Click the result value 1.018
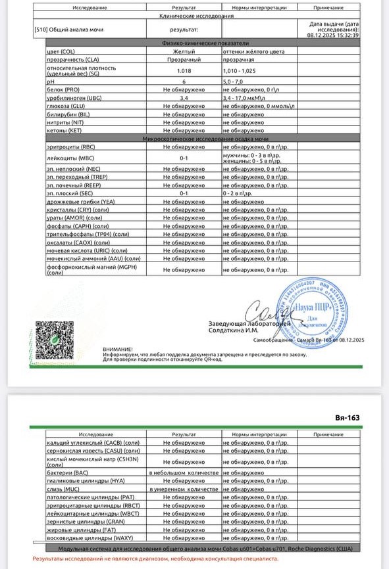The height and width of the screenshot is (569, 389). click(184, 70)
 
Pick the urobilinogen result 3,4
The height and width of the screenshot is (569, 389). click(184, 97)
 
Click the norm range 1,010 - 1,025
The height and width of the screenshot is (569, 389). click(246, 70)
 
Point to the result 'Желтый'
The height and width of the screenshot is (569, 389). click(184, 51)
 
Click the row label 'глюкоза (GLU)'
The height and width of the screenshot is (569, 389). click(66, 105)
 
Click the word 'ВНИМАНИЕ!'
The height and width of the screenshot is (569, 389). click(117, 349)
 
